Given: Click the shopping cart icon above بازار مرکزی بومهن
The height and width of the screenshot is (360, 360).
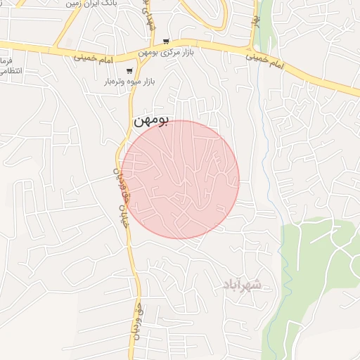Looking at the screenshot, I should tap(165, 41).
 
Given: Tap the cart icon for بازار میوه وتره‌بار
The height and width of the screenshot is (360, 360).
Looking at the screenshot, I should tap(129, 71).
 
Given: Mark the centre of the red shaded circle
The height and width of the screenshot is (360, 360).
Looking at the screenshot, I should tap(180, 180).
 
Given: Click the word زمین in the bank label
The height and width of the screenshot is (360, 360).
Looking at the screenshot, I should tap(74, 4).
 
